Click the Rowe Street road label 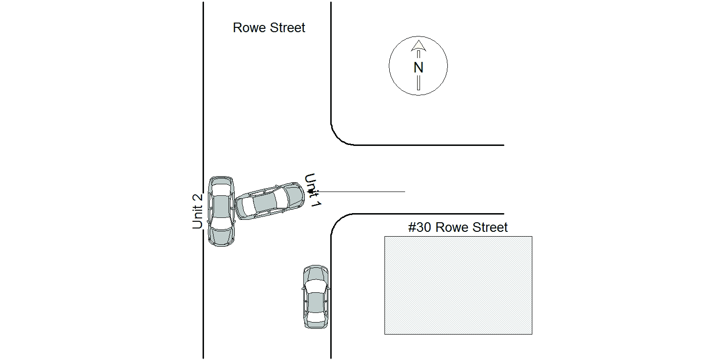pyautogui.click(x=269, y=28)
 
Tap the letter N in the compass pyautogui.click(x=418, y=68)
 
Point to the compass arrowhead pyautogui.click(x=419, y=46)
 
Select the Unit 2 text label pyautogui.click(x=197, y=211)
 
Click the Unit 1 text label pyautogui.click(x=313, y=190)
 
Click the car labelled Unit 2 pyautogui.click(x=221, y=211)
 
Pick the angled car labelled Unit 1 pyautogui.click(x=270, y=201)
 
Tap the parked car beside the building pyautogui.click(x=316, y=297)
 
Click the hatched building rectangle pyautogui.click(x=458, y=286)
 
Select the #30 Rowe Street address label pyautogui.click(x=458, y=227)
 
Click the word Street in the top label pyautogui.click(x=288, y=28)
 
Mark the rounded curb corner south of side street pyautogui.click(x=338, y=220)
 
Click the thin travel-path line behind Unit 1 pyautogui.click(x=359, y=192)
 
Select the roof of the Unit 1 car pyautogui.click(x=265, y=202)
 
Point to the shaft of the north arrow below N pyautogui.click(x=419, y=82)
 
